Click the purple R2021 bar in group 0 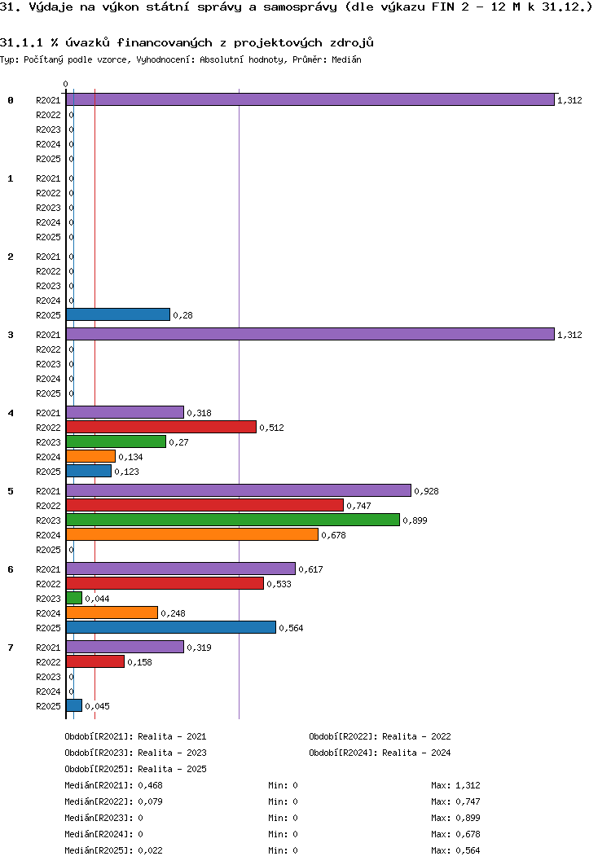[310, 99]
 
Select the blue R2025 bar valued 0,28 [118, 314]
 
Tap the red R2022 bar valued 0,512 [161, 427]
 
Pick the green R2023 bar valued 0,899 [233, 520]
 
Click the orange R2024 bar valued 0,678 [192, 534]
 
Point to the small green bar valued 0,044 [74, 598]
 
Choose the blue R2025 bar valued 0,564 [171, 627]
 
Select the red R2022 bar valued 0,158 [95, 661]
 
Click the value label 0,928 [426, 491]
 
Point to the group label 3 [11, 335]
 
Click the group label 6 [11, 569]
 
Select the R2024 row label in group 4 [48, 457]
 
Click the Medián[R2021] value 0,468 [152, 785]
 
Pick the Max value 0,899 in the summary [468, 818]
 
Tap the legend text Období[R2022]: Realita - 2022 [380, 736]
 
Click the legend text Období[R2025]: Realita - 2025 [135, 769]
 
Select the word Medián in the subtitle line [347, 59]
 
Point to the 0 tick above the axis [66, 84]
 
